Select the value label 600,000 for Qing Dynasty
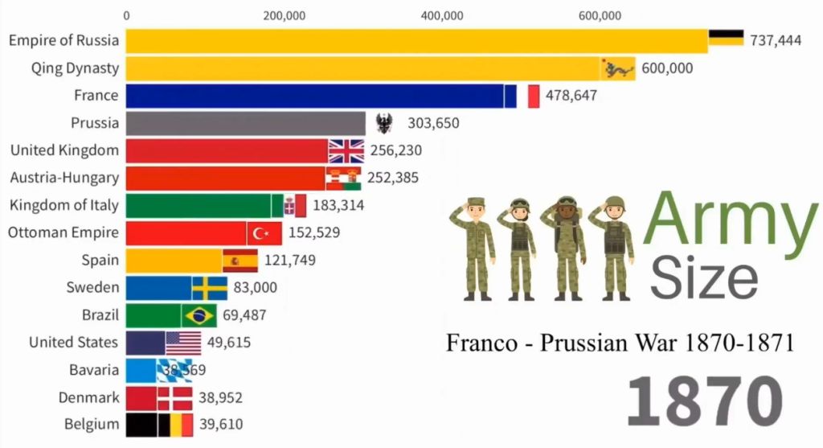pyautogui.click(x=667, y=68)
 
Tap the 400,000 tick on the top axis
pyautogui.click(x=442, y=14)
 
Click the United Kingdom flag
pyautogui.click(x=346, y=150)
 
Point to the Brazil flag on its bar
pyautogui.click(x=199, y=315)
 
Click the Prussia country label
pyautogui.click(x=94, y=123)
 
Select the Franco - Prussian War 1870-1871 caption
pyautogui.click(x=620, y=343)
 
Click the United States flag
pyautogui.click(x=183, y=343)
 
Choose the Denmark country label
pyautogui.click(x=88, y=397)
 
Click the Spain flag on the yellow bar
pyautogui.click(x=240, y=261)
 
